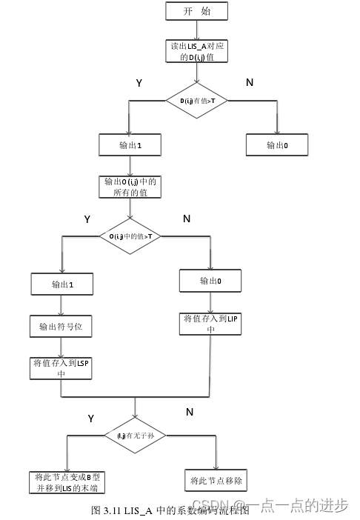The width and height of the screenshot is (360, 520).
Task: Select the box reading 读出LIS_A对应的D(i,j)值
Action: [197, 51]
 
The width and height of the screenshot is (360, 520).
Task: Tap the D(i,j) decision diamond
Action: [196, 99]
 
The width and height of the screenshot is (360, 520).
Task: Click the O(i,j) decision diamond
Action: [130, 236]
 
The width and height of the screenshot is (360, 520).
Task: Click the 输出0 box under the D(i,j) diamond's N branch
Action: [277, 145]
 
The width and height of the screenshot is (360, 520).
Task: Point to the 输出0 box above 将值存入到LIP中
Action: [210, 281]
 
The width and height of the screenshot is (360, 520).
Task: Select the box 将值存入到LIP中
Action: [210, 324]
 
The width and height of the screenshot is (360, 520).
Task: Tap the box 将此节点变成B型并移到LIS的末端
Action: [66, 482]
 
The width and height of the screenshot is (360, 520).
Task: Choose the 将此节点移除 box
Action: [216, 479]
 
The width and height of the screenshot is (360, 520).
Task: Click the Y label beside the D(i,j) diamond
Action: [139, 83]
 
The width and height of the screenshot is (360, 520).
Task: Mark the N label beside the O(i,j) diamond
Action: [186, 219]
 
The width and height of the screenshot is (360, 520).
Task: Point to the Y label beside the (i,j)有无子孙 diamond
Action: [91, 419]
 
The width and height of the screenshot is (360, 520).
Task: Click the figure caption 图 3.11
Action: [170, 510]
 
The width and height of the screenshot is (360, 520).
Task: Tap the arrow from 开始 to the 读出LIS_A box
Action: [196, 30]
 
